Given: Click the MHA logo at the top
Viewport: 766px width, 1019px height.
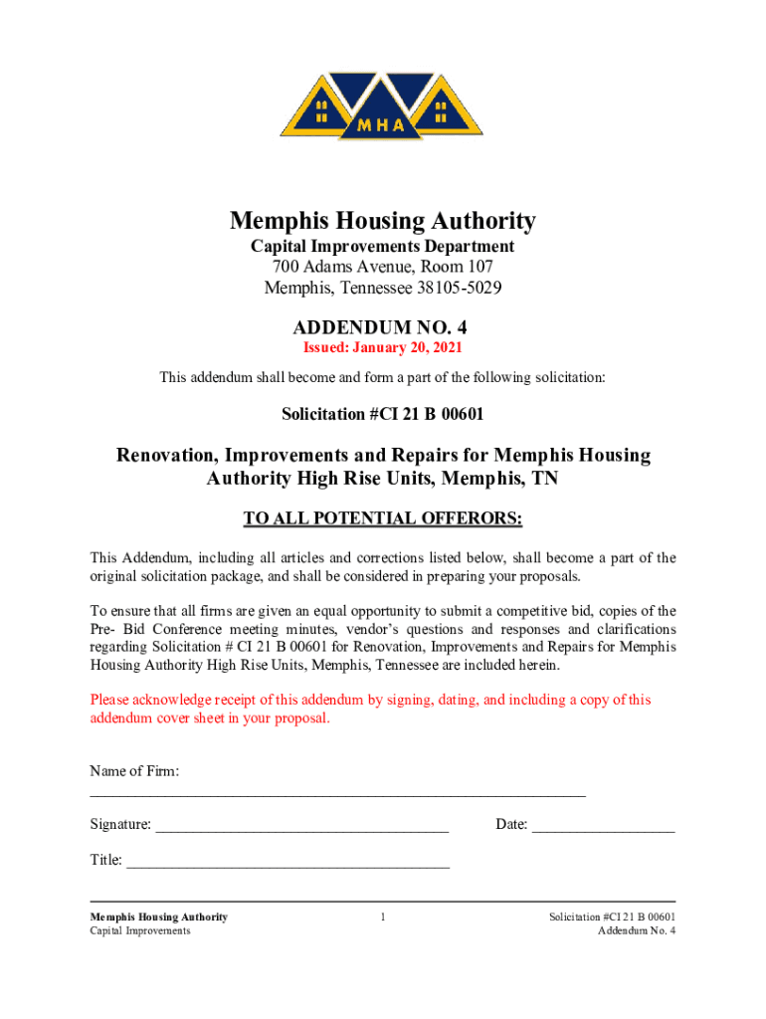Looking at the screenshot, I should point(382,104).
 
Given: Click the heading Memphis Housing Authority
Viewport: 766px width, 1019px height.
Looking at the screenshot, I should point(383,221).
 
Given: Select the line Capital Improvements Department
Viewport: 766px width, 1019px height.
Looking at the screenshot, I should point(383,246).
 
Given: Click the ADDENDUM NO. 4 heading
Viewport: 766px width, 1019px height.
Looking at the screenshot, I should point(383,326).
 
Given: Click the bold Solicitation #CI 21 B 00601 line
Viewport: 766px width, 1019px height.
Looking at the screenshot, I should point(383,413).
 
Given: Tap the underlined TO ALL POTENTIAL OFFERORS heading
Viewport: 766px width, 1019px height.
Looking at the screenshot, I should point(383,519).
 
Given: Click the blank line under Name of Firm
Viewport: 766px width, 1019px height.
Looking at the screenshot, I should point(338,793).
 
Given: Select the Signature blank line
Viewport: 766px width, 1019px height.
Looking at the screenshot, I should point(302,825).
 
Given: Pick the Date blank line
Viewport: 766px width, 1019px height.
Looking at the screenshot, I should point(603,825).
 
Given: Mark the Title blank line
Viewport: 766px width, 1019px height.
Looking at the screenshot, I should point(287,861).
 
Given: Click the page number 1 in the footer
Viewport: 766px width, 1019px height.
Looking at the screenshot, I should point(383,917).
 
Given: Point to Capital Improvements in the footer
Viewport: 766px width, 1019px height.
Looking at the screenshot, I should point(140,930).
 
